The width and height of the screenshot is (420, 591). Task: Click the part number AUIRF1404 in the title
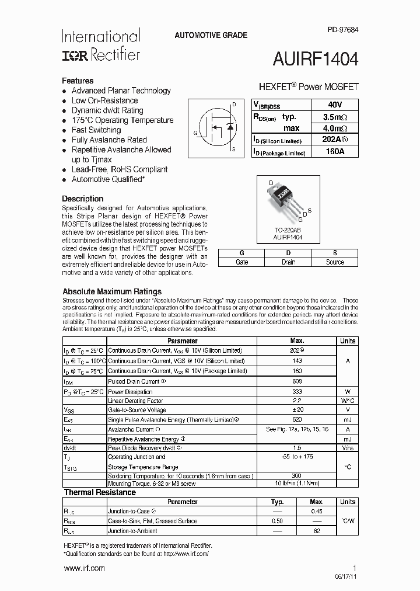pyautogui.click(x=316, y=60)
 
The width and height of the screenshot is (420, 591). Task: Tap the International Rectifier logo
pyautogui.click(x=101, y=46)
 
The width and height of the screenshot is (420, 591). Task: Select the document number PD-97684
pyautogui.click(x=343, y=30)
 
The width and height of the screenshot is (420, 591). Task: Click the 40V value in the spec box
pyautogui.click(x=335, y=105)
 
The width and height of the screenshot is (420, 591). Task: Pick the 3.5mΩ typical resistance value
pyautogui.click(x=335, y=117)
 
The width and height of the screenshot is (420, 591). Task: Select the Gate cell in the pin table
pyautogui.click(x=242, y=262)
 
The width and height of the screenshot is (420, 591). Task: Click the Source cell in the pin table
pyautogui.click(x=335, y=262)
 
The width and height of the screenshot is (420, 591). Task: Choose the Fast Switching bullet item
pyautogui.click(x=96, y=130)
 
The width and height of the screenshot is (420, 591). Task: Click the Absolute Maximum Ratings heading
pyautogui.click(x=112, y=291)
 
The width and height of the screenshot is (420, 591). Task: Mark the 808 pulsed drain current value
pyautogui.click(x=297, y=381)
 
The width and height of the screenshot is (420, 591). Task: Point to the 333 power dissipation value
pyautogui.click(x=297, y=391)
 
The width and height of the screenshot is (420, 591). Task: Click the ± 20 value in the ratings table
pyautogui.click(x=297, y=410)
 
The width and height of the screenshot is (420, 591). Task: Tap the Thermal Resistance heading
pyautogui.click(x=100, y=492)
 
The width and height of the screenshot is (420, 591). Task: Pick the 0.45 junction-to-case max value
pyautogui.click(x=316, y=511)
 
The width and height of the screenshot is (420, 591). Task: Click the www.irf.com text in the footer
pyautogui.click(x=84, y=568)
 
